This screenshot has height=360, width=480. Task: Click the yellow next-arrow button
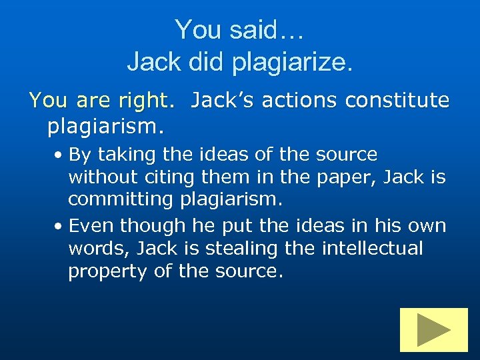tap(433, 329)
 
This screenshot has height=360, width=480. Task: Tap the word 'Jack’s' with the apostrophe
tap(221, 100)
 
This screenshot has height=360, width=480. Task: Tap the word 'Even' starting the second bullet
tap(90, 225)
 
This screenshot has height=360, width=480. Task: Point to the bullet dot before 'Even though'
tap(59, 227)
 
